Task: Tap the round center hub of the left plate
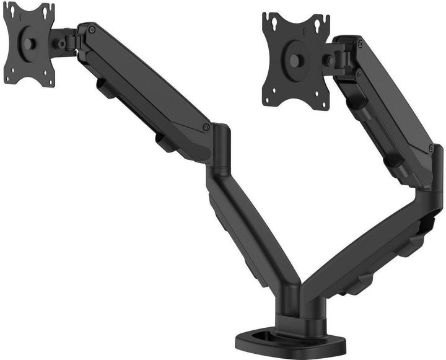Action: pos(28,44)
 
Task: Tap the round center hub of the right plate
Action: pos(296,60)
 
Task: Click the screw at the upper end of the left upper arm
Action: pos(92,30)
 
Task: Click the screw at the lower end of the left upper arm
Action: pos(206,127)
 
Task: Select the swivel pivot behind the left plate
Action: pos(62,43)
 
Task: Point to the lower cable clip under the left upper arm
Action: pos(165,143)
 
